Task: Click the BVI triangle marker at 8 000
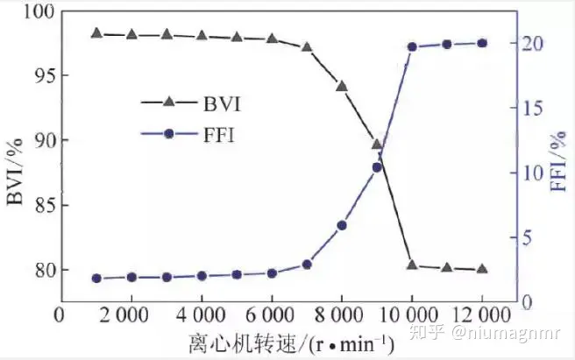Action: click(342, 86)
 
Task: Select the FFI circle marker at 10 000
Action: click(412, 47)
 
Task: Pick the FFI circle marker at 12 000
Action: click(482, 43)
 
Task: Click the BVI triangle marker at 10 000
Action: click(412, 264)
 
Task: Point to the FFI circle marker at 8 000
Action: click(342, 225)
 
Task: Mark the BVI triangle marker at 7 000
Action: click(307, 46)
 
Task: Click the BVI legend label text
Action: click(220, 103)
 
